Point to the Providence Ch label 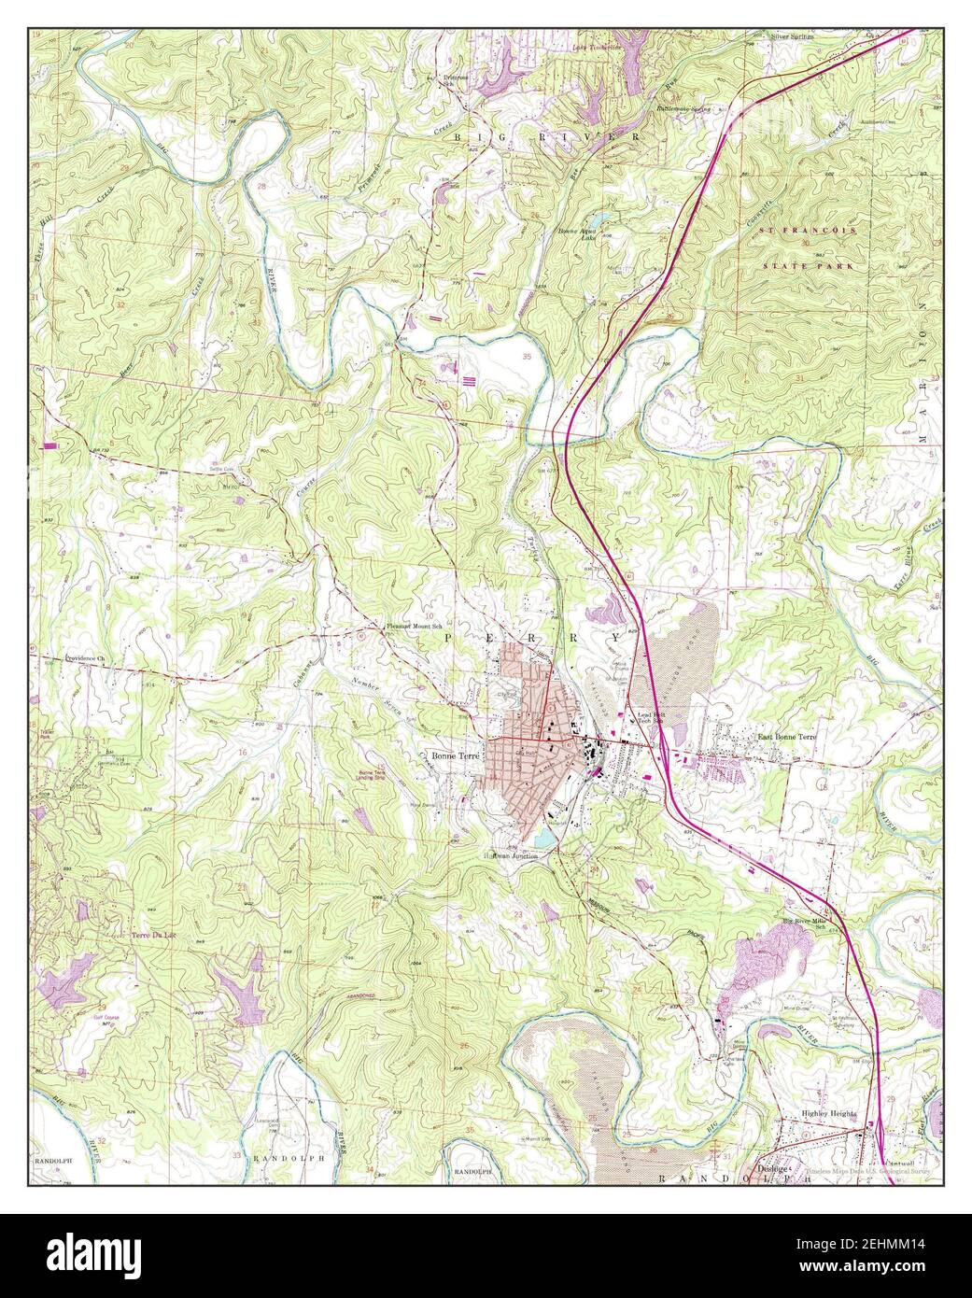point(86,658)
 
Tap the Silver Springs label point(792,37)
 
